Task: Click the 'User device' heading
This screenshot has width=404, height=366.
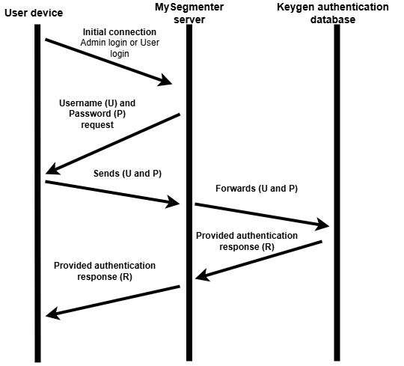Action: point(35,13)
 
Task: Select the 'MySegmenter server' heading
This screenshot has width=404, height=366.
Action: point(189,13)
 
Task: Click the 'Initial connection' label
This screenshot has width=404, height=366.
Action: point(119,32)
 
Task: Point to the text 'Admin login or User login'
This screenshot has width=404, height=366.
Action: point(120,49)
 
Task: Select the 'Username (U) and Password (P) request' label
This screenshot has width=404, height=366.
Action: point(97,113)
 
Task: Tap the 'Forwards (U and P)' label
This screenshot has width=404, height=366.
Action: point(256,189)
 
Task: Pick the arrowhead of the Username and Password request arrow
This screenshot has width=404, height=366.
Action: point(51,171)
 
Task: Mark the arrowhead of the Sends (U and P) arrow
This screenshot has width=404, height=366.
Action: point(174,202)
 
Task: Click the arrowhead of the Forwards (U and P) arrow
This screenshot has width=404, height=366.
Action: point(323,225)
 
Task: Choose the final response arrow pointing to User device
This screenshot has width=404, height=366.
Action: point(112,301)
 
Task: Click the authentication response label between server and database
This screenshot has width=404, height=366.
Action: point(246,241)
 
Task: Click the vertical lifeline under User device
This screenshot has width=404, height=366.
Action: point(36,225)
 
